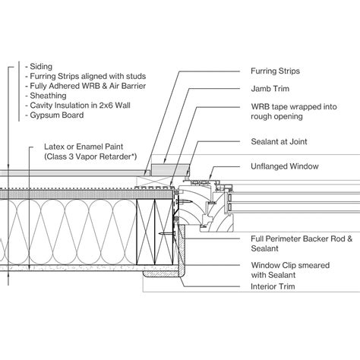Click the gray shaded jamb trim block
(x=161, y=165)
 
